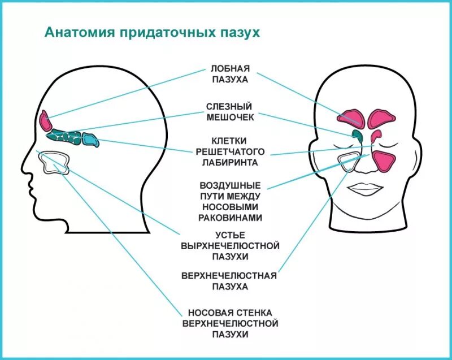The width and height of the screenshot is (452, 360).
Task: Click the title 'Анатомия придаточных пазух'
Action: pyautogui.click(x=152, y=32)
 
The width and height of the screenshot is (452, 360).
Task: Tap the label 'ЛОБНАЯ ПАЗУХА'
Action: pyautogui.click(x=229, y=75)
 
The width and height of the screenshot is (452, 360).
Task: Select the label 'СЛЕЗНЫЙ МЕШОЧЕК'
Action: pyautogui.click(x=229, y=112)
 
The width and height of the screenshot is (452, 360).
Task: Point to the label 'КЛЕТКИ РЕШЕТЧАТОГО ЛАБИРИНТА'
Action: pyautogui.click(x=231, y=151)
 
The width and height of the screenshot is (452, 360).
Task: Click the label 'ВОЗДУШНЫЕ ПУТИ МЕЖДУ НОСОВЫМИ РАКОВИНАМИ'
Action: pyautogui.click(x=231, y=201)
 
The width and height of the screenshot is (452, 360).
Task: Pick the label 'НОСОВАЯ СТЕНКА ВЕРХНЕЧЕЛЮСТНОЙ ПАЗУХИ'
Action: pyautogui.click(x=231, y=323)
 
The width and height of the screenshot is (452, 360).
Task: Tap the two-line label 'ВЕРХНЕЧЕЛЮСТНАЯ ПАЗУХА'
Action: pyautogui.click(x=229, y=281)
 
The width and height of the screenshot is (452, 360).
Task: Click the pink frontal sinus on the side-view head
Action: pyautogui.click(x=45, y=120)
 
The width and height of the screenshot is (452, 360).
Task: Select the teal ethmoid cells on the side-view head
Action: pyautogui.click(x=71, y=136)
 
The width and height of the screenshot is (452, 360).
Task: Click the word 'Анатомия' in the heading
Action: pyautogui.click(x=79, y=32)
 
